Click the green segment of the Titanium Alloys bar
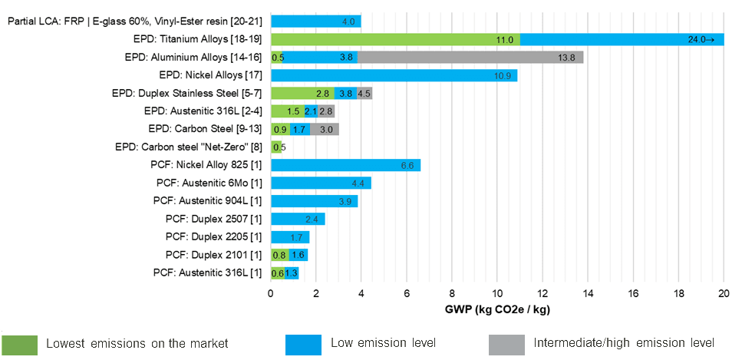395,39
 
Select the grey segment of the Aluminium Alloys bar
470,57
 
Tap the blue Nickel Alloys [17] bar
394,75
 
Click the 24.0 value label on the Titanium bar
701,39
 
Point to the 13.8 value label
567,57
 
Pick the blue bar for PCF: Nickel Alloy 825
345,165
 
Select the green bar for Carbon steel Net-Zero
276,147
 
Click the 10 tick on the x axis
497,292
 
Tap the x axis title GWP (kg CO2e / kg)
496,310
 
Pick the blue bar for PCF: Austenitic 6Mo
321,183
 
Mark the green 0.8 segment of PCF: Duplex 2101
279,255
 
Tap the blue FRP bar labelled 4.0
315,21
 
